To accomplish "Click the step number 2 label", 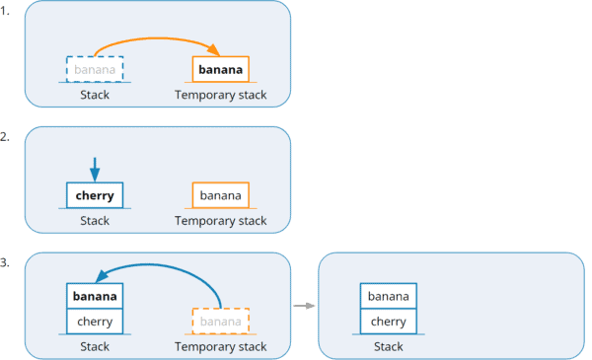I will click(6, 137).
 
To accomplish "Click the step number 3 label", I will click(6, 263).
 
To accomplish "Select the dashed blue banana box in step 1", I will click(95, 69).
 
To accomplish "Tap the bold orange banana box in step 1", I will click(220, 69).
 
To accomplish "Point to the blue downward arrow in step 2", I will click(95, 167).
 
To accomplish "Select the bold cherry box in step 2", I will click(95, 195).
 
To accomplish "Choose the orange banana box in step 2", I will click(220, 195).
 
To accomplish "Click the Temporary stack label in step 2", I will click(220, 221).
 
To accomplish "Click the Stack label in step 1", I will click(95, 95).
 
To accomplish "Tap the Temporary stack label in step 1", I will click(220, 95).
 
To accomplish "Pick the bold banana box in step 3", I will click(95, 296).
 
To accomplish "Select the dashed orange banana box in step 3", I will click(220, 322).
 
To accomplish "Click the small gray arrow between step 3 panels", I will click(304, 306).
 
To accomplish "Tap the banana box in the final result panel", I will click(389, 296).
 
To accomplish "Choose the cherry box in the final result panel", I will click(389, 322).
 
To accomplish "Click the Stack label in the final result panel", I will click(389, 346).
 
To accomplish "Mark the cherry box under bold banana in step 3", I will click(95, 322).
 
